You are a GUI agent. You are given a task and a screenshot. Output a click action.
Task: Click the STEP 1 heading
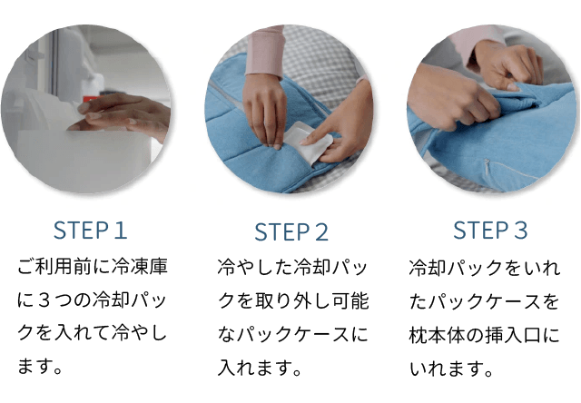pyautogui.click(x=91, y=230)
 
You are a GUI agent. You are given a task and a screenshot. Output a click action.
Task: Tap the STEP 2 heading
pyautogui.click(x=291, y=232)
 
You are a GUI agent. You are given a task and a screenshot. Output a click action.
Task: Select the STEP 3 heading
pyautogui.click(x=490, y=230)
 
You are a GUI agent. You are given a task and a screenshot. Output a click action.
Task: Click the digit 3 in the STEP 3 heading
pyautogui.click(x=520, y=230)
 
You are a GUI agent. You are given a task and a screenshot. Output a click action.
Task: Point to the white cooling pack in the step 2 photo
pyautogui.click(x=307, y=143)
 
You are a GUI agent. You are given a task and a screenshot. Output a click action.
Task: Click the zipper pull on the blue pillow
pyautogui.click(x=487, y=163)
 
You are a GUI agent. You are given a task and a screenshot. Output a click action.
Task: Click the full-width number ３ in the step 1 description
pyautogui.click(x=44, y=300)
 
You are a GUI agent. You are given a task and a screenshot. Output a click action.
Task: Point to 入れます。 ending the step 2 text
pyautogui.click(x=260, y=367)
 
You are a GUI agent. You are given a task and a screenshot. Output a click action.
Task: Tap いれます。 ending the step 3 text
pyautogui.click(x=451, y=369)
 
